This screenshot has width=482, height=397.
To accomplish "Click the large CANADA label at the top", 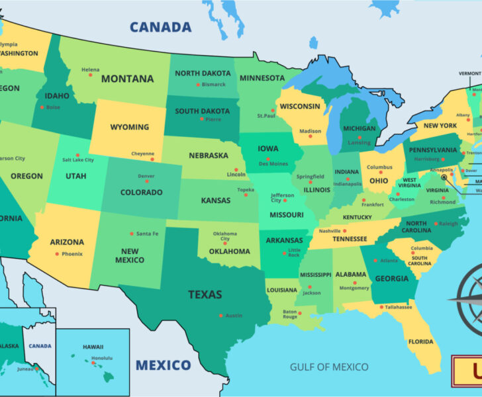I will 160,27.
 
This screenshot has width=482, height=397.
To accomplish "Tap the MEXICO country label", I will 163,365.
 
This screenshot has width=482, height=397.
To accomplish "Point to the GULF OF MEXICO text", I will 330,366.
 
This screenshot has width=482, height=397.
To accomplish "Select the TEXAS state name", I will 205,294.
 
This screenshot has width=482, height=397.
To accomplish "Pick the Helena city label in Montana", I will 90,69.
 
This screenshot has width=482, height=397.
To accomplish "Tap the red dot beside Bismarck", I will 197,85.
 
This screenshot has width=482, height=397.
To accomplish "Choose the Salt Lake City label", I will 77,159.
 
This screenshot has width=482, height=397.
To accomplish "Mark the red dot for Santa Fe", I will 131,234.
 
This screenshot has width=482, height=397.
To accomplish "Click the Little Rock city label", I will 294,252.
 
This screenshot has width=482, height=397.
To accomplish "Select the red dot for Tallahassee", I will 381,307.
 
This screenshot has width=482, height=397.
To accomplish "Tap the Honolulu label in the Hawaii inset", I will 92,358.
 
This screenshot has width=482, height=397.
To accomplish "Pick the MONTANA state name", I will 127,79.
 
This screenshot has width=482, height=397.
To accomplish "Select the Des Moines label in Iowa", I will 273,163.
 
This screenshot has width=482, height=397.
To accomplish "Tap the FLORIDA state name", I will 420,342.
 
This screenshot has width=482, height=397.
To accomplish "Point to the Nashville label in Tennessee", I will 329,231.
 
